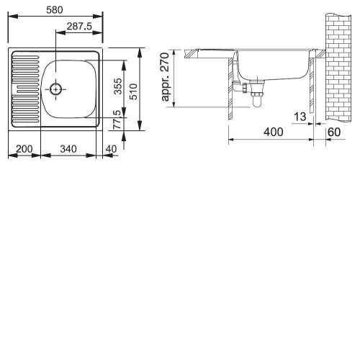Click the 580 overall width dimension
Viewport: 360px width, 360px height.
point(55,10)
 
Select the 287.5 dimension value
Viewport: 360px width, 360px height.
point(79,26)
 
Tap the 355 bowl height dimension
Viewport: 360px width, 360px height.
point(118,86)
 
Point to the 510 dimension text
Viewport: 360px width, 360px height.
point(133,91)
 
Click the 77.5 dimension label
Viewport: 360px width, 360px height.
point(117,120)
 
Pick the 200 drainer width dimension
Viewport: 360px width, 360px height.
point(24,149)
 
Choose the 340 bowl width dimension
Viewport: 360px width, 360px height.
point(68,149)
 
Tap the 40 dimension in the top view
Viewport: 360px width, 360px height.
point(111,149)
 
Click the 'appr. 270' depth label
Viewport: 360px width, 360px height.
point(166,77)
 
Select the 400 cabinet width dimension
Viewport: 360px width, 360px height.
point(274,132)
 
